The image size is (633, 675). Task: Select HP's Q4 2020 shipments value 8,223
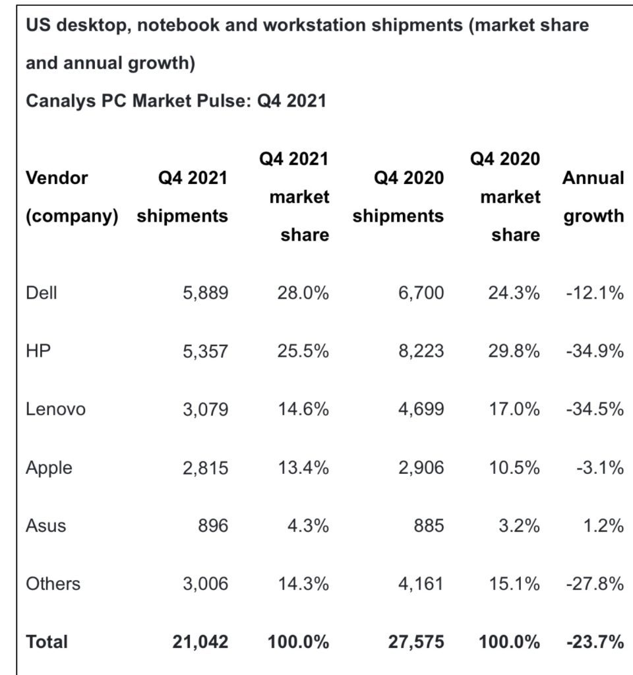[421, 351]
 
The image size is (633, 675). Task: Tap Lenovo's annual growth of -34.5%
[594, 409]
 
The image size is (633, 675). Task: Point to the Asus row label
[45, 525]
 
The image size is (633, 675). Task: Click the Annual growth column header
[593, 196]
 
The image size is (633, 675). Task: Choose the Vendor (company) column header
[71, 196]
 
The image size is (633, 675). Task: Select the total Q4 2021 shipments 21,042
[200, 641]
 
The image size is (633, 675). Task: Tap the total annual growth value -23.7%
[594, 641]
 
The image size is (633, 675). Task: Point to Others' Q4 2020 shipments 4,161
[421, 583]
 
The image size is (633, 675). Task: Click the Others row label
[53, 583]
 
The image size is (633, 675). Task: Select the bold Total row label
[47, 641]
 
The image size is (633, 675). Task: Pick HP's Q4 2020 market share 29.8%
[514, 351]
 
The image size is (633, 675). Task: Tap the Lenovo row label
[55, 409]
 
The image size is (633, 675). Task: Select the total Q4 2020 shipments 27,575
[415, 641]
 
